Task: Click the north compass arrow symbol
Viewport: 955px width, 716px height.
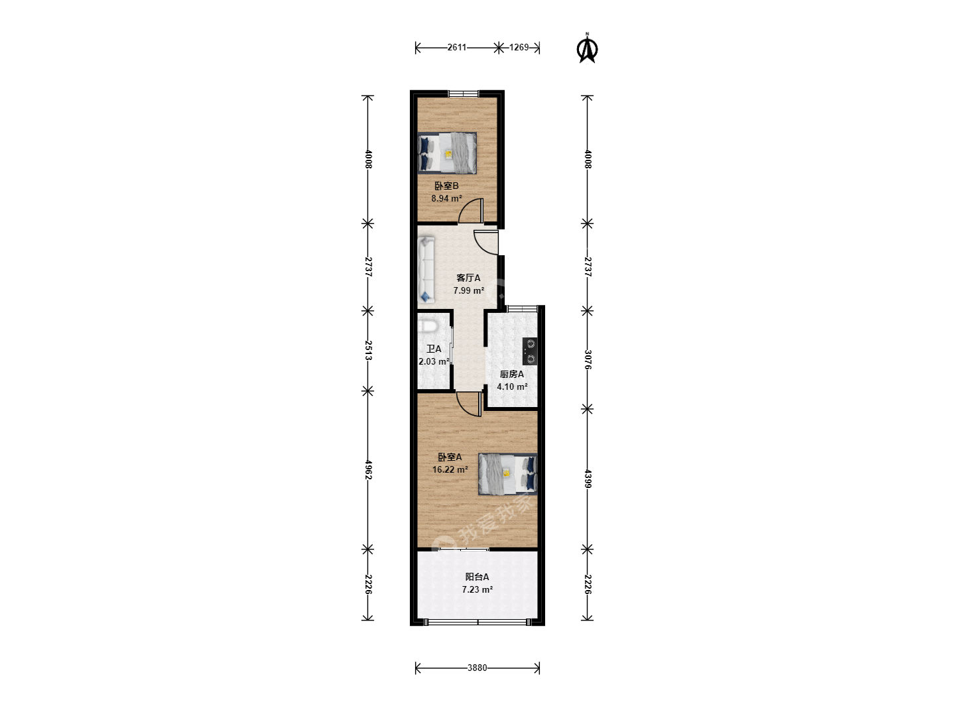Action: click(x=587, y=48)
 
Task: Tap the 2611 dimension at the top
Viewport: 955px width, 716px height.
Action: click(x=457, y=47)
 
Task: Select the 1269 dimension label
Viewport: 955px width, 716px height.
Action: click(x=519, y=47)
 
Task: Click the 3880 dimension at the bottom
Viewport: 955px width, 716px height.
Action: click(x=477, y=668)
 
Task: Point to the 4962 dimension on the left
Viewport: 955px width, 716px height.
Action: click(x=368, y=470)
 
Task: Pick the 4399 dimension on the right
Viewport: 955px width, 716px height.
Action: click(x=588, y=479)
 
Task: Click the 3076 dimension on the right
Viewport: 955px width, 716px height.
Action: click(x=588, y=359)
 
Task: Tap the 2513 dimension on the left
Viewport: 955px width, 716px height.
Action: click(x=368, y=351)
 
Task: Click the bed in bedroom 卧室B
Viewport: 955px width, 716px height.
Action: click(x=447, y=153)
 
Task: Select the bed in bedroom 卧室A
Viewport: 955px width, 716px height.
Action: click(x=508, y=474)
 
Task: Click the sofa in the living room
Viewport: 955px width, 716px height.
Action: click(x=426, y=270)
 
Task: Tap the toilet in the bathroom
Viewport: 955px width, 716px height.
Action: click(x=427, y=326)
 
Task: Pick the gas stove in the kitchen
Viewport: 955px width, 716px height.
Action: click(x=530, y=351)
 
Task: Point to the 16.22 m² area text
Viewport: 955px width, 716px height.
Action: click(x=450, y=469)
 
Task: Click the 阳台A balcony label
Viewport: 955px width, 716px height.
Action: click(x=477, y=577)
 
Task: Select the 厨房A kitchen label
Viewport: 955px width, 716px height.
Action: click(x=512, y=374)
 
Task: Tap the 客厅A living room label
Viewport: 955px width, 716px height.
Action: click(x=469, y=278)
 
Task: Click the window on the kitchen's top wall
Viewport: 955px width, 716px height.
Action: click(x=522, y=309)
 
